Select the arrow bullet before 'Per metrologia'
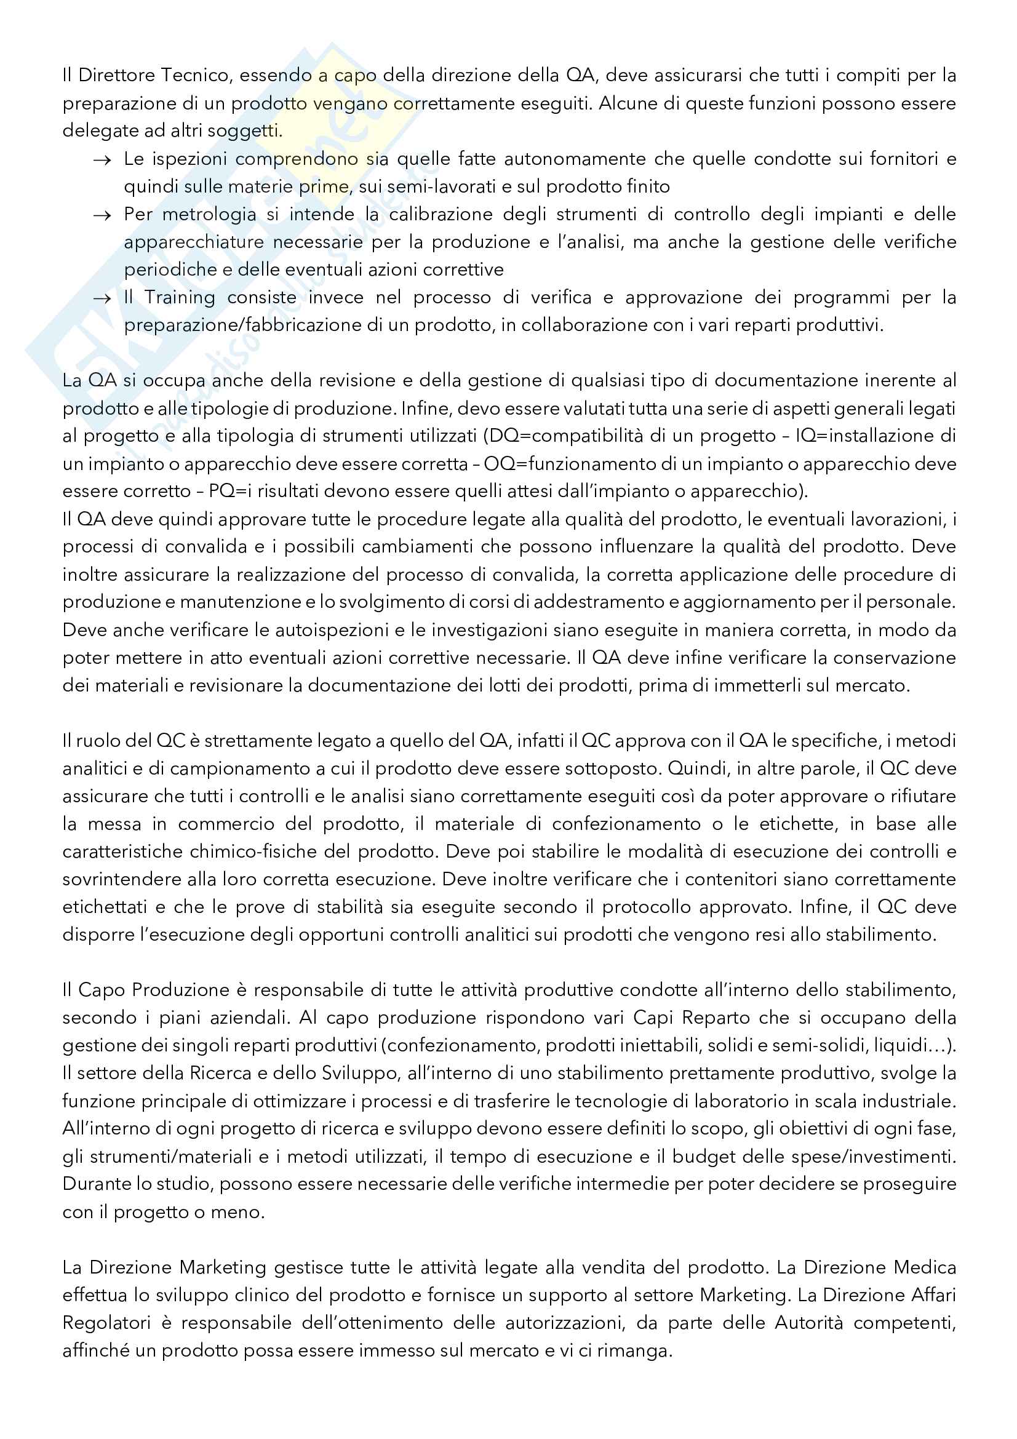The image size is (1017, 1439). [x=102, y=215]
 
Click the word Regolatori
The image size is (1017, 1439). [x=107, y=1323]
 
